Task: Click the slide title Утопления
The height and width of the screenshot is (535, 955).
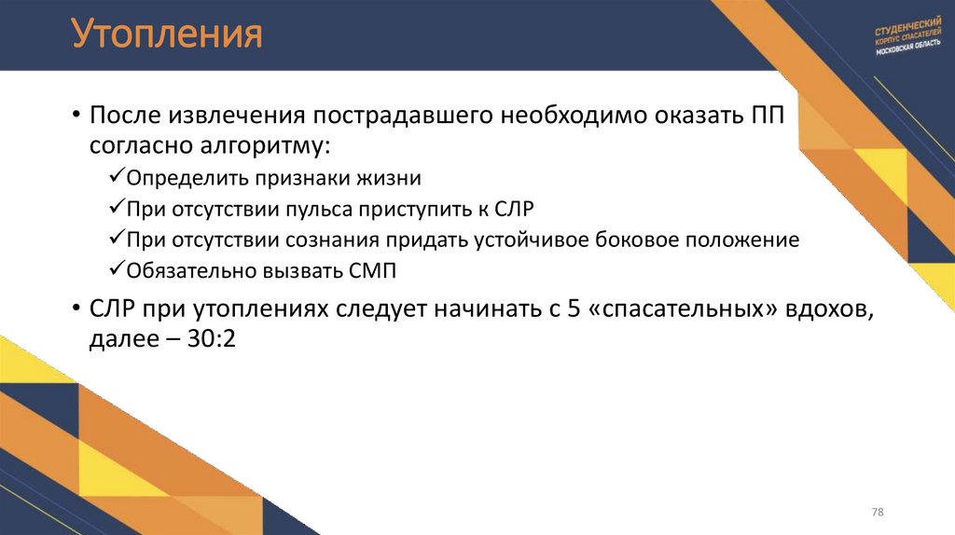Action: [167, 35]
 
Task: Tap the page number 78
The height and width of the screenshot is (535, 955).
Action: [877, 513]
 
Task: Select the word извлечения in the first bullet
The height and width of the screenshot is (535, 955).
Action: [237, 116]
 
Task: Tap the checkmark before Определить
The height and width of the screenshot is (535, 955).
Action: [117, 176]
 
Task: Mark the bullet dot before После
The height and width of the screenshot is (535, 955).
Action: [76, 117]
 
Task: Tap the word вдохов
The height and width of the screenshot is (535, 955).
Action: [835, 309]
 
